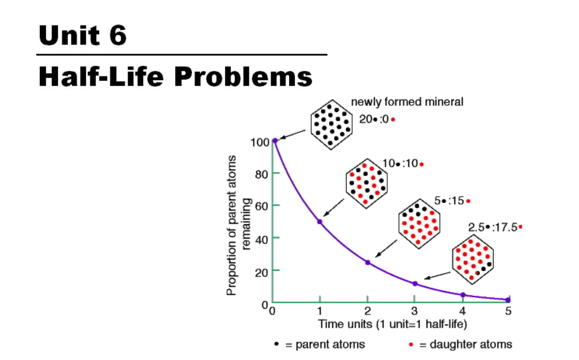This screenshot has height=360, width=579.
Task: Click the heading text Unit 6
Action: (x=82, y=35)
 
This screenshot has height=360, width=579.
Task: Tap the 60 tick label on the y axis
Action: (x=261, y=206)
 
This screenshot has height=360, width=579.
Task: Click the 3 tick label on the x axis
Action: (x=414, y=311)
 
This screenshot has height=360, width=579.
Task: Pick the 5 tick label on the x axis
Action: (x=509, y=311)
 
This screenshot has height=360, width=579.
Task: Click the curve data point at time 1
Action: (x=320, y=222)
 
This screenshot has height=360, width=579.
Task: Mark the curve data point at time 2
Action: (x=368, y=262)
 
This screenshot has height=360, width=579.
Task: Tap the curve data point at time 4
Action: (x=462, y=295)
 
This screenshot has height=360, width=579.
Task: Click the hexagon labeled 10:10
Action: (x=366, y=182)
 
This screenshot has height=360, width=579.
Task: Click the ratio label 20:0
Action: (x=377, y=119)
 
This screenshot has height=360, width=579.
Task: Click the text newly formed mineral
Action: (x=407, y=102)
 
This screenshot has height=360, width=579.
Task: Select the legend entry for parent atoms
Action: (x=320, y=344)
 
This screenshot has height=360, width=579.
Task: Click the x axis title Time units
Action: (x=392, y=324)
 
